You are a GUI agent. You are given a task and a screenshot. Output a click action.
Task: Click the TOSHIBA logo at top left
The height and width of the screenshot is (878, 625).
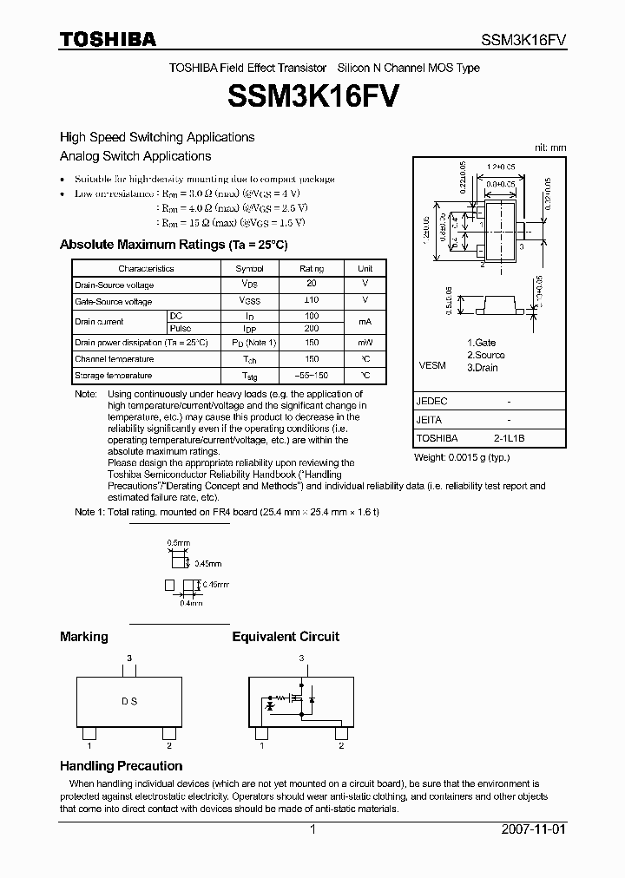[x=108, y=38]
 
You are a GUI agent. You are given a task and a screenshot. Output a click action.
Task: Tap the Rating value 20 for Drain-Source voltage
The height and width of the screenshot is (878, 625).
[x=311, y=284]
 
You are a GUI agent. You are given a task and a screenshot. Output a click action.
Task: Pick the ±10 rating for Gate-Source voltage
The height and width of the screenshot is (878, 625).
[x=311, y=300]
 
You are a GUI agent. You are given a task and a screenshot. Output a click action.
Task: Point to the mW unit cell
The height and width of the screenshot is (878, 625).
[x=365, y=343]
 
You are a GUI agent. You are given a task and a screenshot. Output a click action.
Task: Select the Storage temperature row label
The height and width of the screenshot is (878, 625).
[x=114, y=376]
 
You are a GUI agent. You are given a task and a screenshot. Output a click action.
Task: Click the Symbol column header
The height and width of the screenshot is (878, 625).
[x=250, y=269]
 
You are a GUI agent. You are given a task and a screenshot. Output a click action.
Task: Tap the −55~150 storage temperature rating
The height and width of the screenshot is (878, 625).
[x=311, y=376]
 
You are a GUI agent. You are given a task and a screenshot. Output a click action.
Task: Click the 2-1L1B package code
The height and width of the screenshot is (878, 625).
[x=509, y=438]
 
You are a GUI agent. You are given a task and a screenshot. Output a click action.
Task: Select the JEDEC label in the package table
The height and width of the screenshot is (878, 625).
[x=431, y=402]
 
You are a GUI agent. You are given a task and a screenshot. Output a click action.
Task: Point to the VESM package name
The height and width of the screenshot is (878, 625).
[x=431, y=365]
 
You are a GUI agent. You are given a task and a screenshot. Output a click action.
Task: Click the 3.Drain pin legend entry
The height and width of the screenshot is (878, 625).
[x=484, y=367]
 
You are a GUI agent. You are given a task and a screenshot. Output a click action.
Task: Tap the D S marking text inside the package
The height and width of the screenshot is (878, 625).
[x=128, y=701]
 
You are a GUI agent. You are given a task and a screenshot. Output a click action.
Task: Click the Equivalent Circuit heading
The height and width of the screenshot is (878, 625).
[x=286, y=637]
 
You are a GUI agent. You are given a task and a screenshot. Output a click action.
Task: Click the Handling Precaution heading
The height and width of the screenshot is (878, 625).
[x=121, y=766]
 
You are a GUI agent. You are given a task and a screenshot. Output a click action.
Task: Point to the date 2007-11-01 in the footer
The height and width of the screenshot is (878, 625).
[x=533, y=829]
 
